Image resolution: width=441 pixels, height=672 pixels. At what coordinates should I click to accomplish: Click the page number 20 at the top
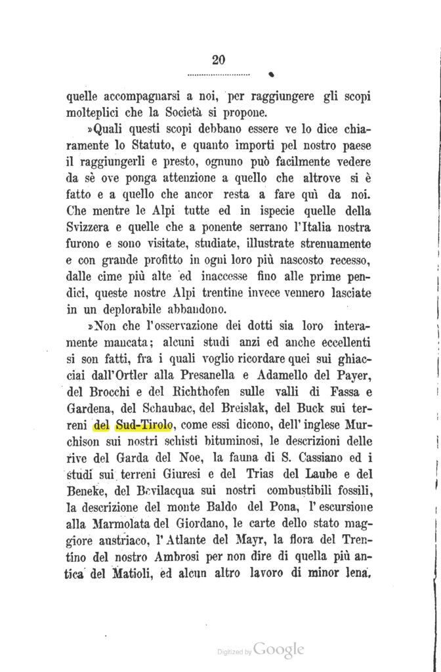click(219, 60)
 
